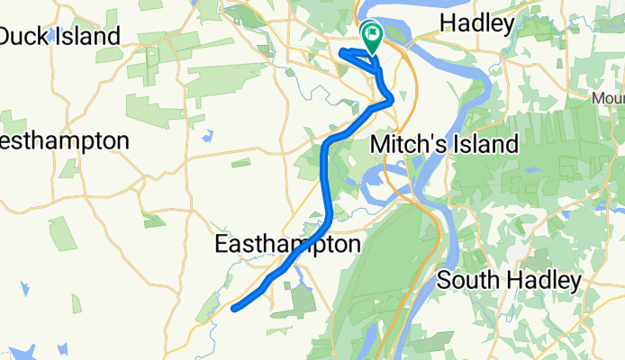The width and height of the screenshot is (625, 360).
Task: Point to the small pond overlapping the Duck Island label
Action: (x=54, y=34)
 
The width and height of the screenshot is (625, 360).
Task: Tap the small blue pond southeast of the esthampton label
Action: (x=208, y=137)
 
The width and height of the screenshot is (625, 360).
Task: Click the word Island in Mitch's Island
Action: (x=488, y=144)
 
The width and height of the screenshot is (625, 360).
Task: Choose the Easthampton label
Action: (x=288, y=244)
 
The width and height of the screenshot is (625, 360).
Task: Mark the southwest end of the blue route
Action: (x=234, y=309)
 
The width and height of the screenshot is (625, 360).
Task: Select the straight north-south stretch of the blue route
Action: (x=326, y=180)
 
